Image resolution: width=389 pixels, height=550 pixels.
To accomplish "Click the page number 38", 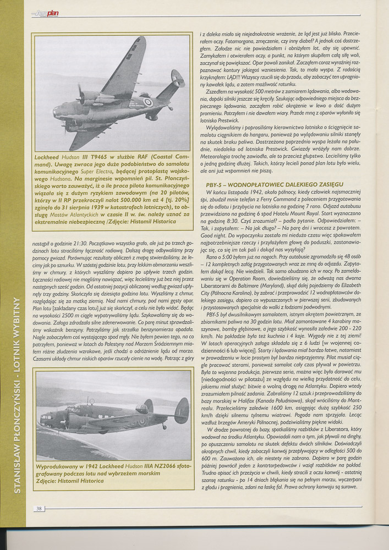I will click(39, 509).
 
